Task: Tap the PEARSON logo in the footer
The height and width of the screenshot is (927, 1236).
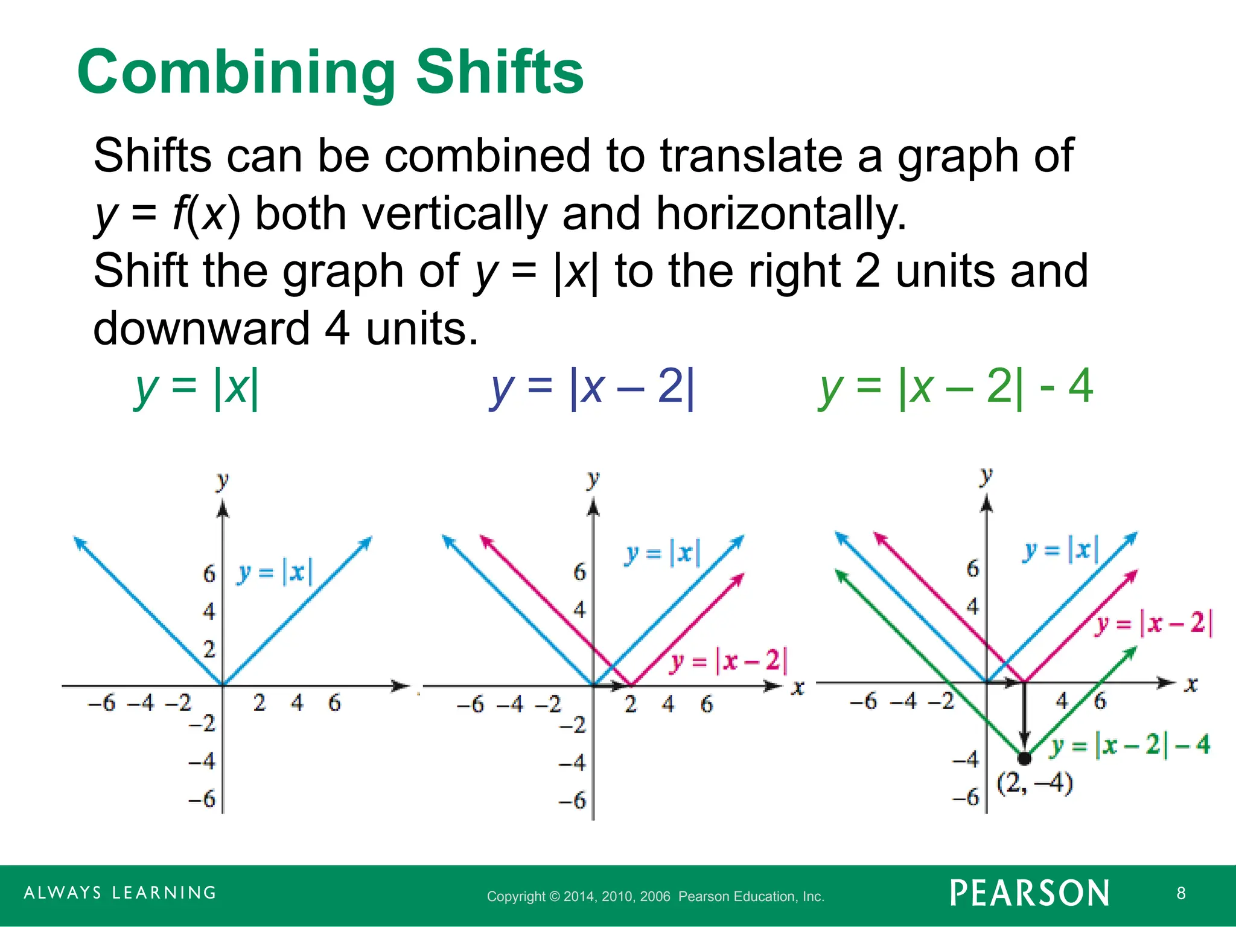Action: tap(1030, 893)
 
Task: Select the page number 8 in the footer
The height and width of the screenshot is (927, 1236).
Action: tap(1181, 893)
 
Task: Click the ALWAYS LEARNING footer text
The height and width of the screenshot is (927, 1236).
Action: tap(120, 893)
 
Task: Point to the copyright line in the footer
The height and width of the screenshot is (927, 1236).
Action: tap(655, 896)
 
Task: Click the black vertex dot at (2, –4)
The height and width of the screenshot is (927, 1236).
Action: tap(1024, 757)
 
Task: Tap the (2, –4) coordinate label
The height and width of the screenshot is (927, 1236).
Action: tap(1034, 783)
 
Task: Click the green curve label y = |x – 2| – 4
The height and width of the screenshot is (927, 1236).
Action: tap(1129, 745)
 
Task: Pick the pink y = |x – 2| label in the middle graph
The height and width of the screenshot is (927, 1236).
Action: tap(729, 661)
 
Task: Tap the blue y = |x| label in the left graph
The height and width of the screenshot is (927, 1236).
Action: tap(275, 572)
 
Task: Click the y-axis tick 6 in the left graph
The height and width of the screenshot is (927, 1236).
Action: tap(209, 573)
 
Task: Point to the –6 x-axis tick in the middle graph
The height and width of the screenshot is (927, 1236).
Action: tap(470, 704)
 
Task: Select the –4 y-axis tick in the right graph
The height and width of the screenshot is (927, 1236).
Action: tap(966, 759)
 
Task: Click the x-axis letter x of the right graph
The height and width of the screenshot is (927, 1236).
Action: tap(1191, 684)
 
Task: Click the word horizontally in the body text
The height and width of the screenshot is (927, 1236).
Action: tap(781, 214)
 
